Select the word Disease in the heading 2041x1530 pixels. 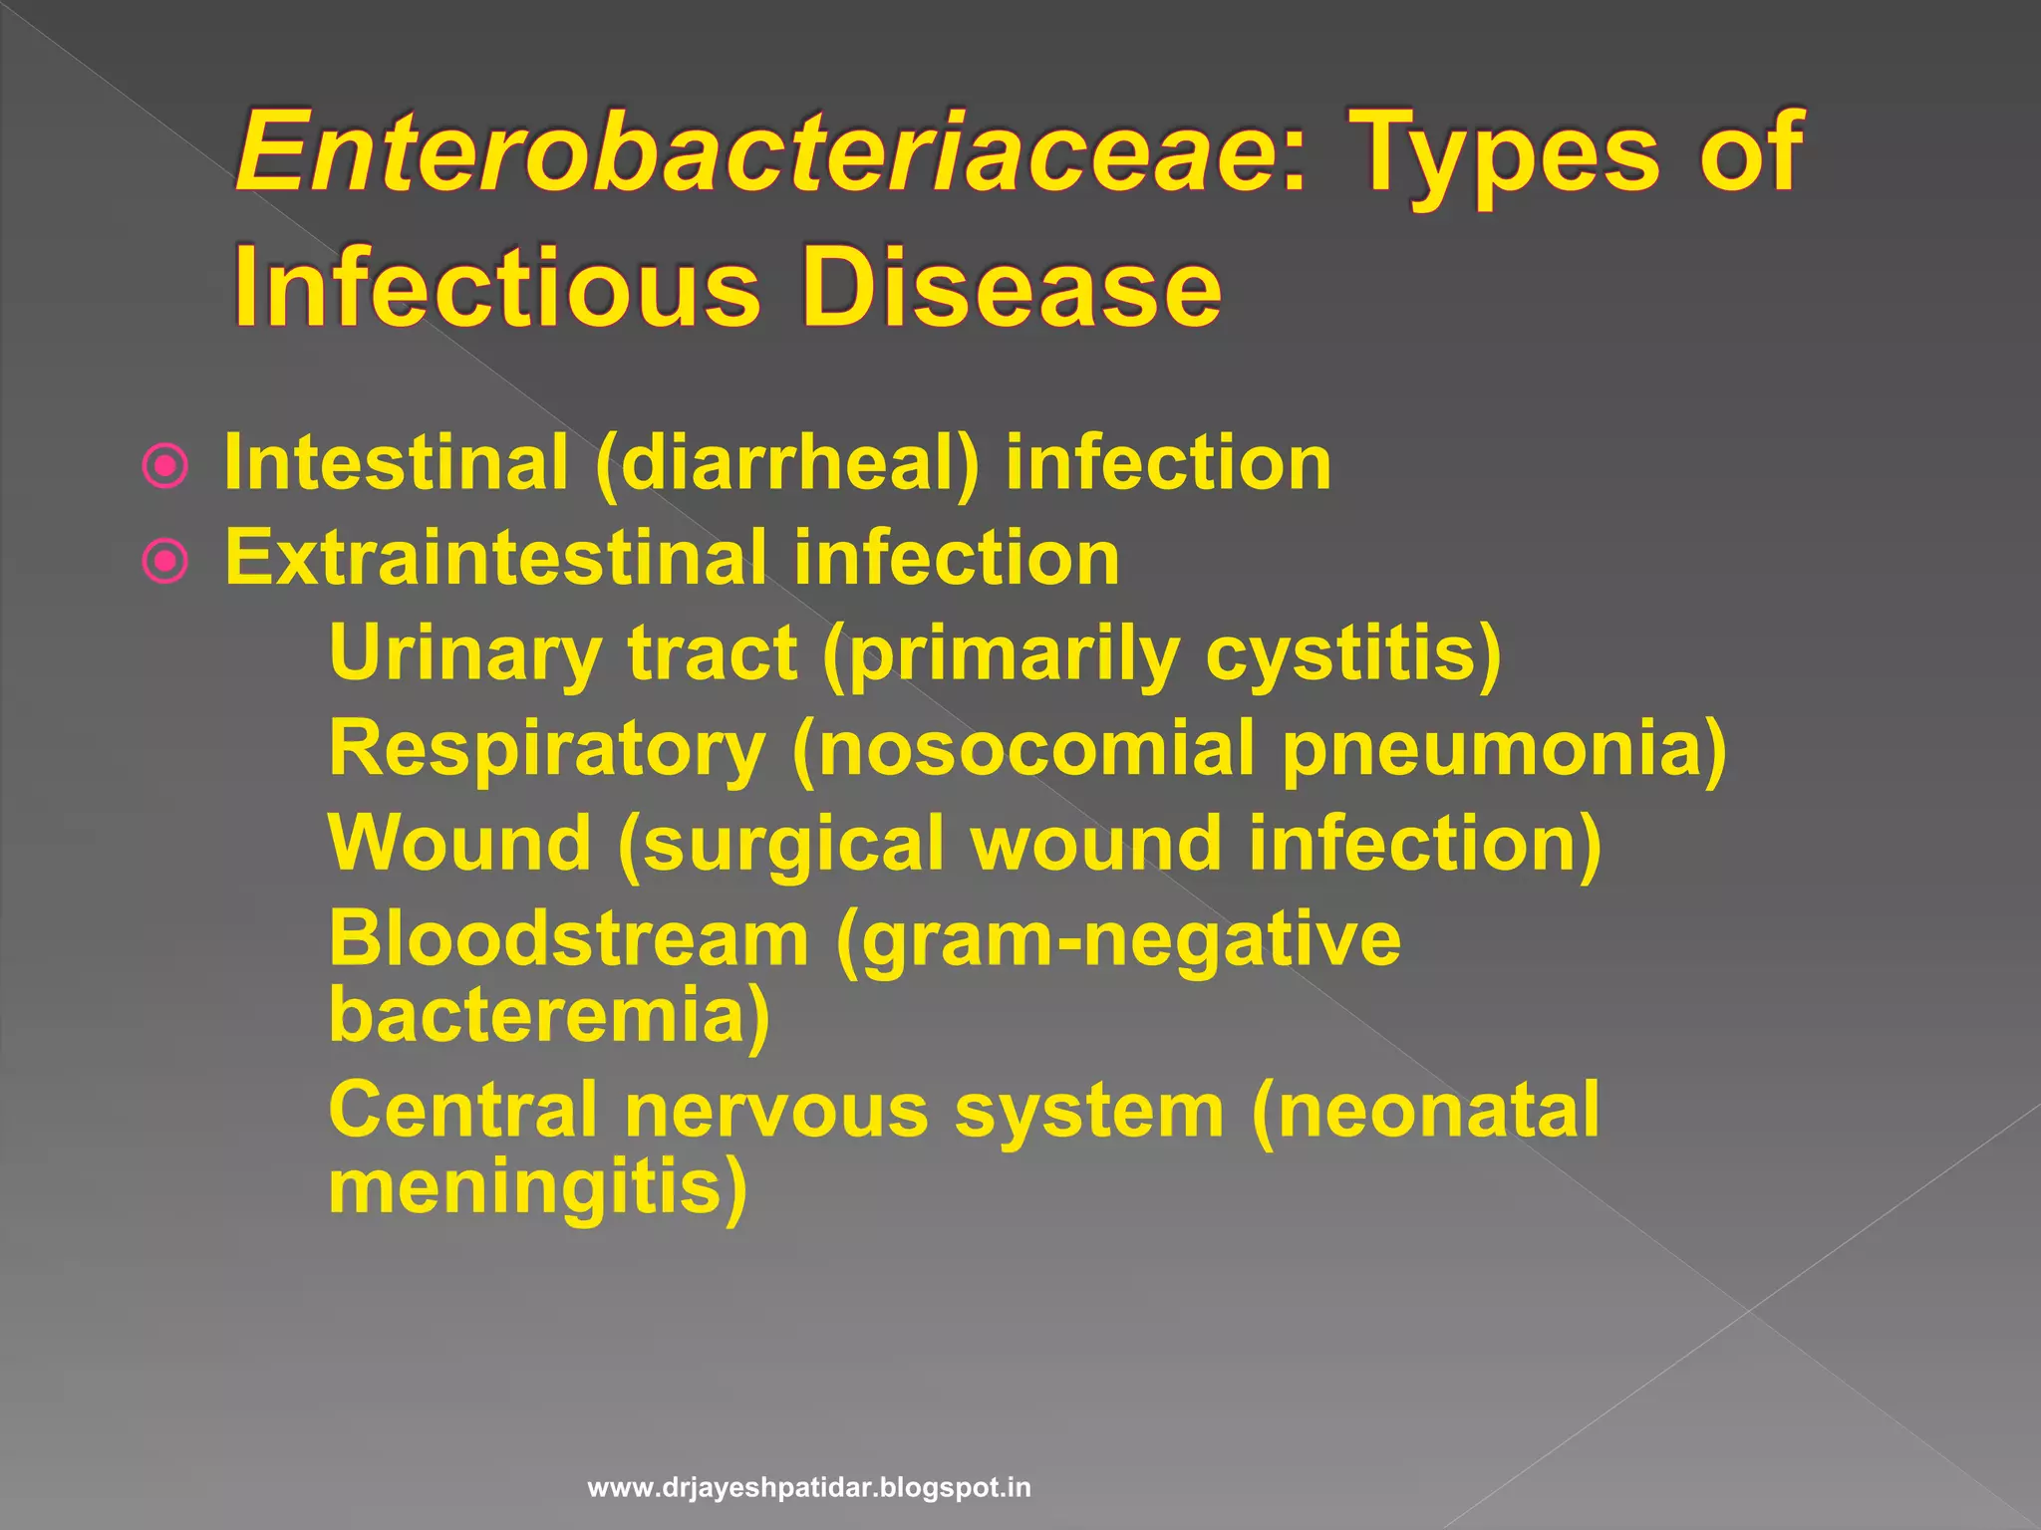[x=1012, y=288]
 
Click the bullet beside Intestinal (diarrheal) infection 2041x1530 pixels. [x=165, y=466]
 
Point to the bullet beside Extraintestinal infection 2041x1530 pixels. [x=165, y=561]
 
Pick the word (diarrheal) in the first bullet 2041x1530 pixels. [x=787, y=464]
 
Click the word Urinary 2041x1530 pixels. [x=464, y=654]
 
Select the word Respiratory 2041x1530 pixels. [x=547, y=749]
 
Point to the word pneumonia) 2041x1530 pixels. [x=1504, y=749]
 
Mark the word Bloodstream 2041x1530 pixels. [x=569, y=938]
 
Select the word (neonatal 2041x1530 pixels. [x=1425, y=1110]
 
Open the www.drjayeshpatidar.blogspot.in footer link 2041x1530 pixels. [x=809, y=1488]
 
